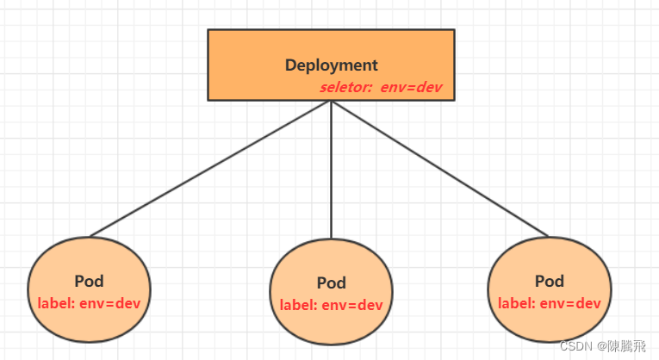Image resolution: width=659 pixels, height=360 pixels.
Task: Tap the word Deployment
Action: pyautogui.click(x=331, y=65)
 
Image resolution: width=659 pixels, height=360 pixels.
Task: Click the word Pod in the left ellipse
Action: pyautogui.click(x=89, y=282)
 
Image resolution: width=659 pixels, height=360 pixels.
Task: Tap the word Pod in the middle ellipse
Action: pyautogui.click(x=331, y=282)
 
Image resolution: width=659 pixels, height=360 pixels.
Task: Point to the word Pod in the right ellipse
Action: pyautogui.click(x=549, y=282)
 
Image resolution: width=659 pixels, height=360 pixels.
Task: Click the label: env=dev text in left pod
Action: pyautogui.click(x=89, y=303)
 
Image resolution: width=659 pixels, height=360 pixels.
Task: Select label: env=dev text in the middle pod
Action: pyautogui.click(x=331, y=304)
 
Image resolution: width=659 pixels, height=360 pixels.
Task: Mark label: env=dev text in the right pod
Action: pyautogui.click(x=549, y=303)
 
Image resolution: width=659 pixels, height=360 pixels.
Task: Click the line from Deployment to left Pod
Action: pyautogui.click(x=211, y=169)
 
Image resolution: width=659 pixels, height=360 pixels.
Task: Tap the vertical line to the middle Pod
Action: pyautogui.click(x=331, y=172)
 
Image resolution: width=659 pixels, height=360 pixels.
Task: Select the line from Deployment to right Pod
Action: pyautogui.click(x=439, y=169)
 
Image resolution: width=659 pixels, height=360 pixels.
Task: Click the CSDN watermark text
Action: pyautogui.click(x=573, y=346)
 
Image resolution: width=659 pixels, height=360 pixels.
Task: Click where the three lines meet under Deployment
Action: pyautogui.click(x=331, y=102)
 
